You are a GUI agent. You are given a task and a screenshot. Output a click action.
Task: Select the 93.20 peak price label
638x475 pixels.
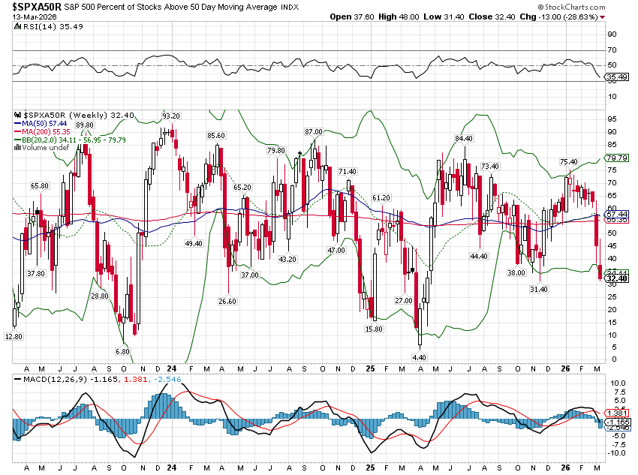[171, 116]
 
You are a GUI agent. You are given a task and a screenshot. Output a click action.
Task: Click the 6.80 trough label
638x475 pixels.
[123, 351]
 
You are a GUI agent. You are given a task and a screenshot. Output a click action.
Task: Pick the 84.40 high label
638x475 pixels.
[464, 138]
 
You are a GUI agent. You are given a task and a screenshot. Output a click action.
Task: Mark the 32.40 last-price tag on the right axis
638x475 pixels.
[616, 279]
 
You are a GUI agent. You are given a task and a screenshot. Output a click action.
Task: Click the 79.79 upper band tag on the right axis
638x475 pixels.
[616, 158]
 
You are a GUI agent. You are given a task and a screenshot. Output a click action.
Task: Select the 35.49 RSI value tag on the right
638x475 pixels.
[616, 77]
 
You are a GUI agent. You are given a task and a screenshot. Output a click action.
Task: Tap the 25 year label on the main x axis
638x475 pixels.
[370, 368]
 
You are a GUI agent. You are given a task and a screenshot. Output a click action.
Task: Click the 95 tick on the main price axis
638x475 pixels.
[612, 119]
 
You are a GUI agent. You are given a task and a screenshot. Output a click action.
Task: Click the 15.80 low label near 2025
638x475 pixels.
[375, 329]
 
